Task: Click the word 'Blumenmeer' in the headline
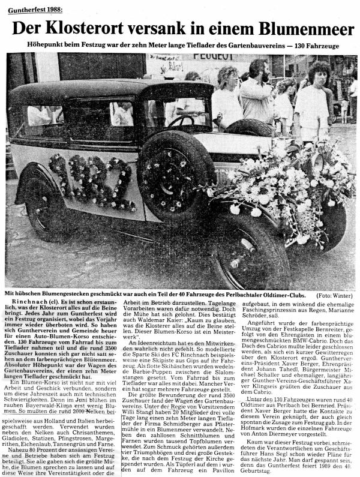[x=296, y=28]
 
